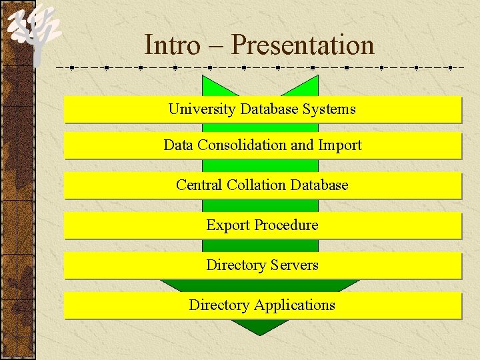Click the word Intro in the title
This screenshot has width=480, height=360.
click(172, 45)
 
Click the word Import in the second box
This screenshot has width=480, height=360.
click(340, 145)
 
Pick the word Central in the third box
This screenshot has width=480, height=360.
click(199, 185)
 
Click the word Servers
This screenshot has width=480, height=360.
click(294, 265)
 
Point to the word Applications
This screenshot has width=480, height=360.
click(294, 305)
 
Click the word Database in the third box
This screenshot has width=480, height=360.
click(319, 185)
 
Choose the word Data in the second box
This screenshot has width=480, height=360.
click(177, 145)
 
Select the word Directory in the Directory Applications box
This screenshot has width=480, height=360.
click(219, 305)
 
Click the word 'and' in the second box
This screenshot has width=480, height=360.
click(301, 145)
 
